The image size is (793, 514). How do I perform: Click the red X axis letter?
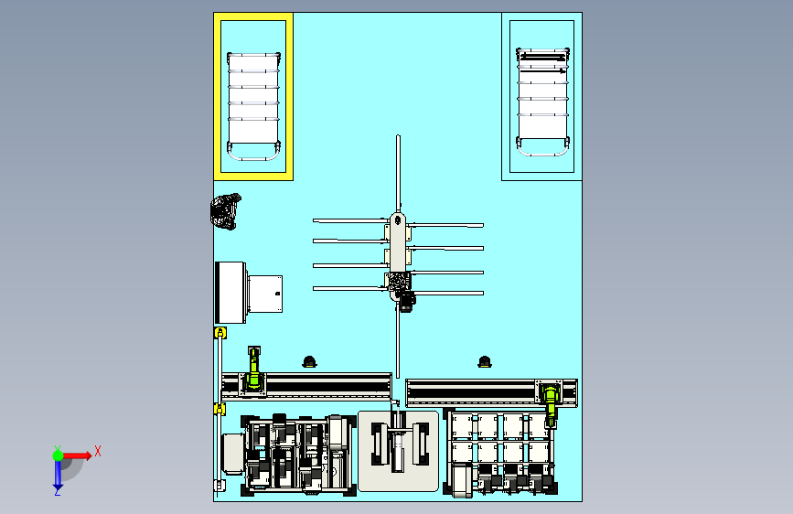coord(98,451)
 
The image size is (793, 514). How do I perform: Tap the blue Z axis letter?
coord(57,492)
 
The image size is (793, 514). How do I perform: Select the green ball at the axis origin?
coord(59,455)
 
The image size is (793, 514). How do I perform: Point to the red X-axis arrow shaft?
coord(75,455)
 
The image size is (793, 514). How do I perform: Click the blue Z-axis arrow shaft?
coord(59,473)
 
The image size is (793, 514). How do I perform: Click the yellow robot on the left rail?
coord(254,369)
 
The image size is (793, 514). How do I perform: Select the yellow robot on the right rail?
coord(551,402)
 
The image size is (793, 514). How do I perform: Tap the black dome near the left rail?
coord(309,362)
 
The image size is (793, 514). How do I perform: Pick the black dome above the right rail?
coord(485,362)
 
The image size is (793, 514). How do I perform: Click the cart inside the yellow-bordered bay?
coord(253,106)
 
